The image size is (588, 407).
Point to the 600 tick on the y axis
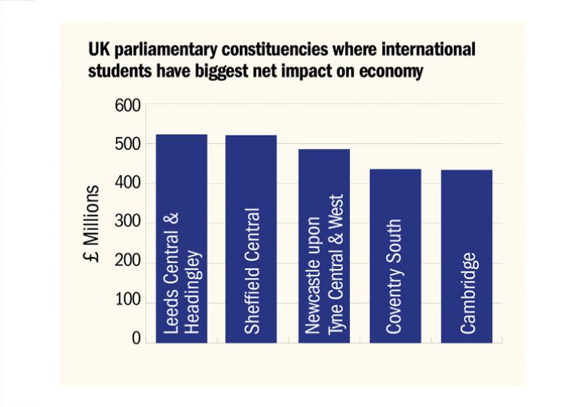pyautogui.click(x=128, y=105)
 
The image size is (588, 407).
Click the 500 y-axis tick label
pyautogui.click(x=128, y=144)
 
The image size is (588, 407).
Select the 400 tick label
pyautogui.click(x=128, y=184)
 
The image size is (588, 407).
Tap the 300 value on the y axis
pyautogui.click(x=128, y=223)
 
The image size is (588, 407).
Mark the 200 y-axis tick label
pyautogui.click(x=128, y=262)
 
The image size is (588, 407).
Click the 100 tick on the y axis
pyautogui.click(x=128, y=302)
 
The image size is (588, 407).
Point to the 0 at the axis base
pyautogui.click(x=136, y=340)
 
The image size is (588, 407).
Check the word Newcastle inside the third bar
pyautogui.click(x=315, y=296)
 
